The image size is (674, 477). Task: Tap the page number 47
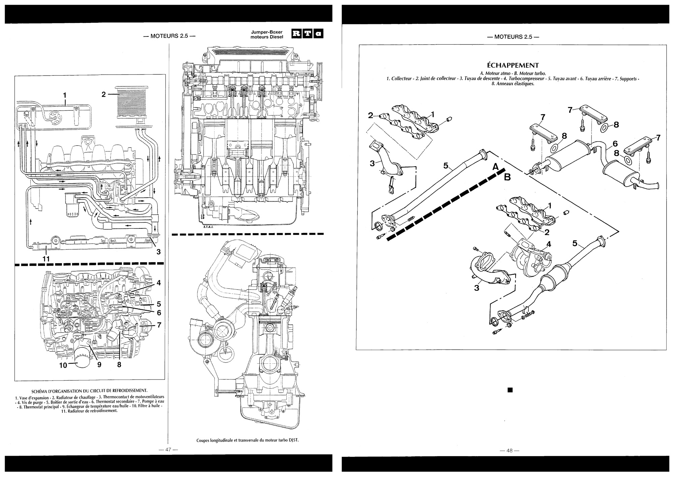168,449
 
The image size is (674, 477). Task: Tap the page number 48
509,450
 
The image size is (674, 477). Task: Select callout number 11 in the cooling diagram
46,259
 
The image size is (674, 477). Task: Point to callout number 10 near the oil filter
63,365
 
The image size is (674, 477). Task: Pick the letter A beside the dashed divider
495,166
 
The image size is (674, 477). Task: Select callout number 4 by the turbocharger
548,244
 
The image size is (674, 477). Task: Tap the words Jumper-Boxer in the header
266,32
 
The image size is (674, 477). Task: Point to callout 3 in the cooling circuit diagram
158,252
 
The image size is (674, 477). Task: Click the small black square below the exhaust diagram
510,390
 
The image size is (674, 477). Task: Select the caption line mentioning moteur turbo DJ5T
248,440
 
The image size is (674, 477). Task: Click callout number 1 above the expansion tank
65,95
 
